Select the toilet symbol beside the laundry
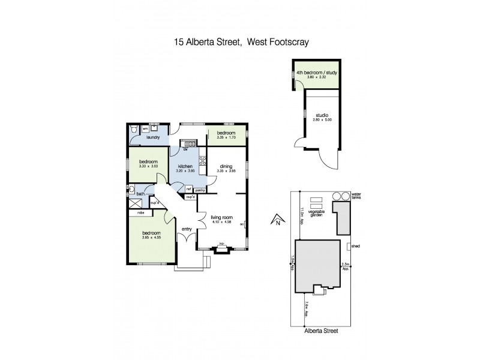[x=133, y=128]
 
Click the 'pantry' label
[x=200, y=190]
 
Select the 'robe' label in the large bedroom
[x=141, y=212]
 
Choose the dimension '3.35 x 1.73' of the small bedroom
[x=226, y=138]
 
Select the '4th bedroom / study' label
[x=317, y=73]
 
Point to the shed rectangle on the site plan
[x=349, y=247]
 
